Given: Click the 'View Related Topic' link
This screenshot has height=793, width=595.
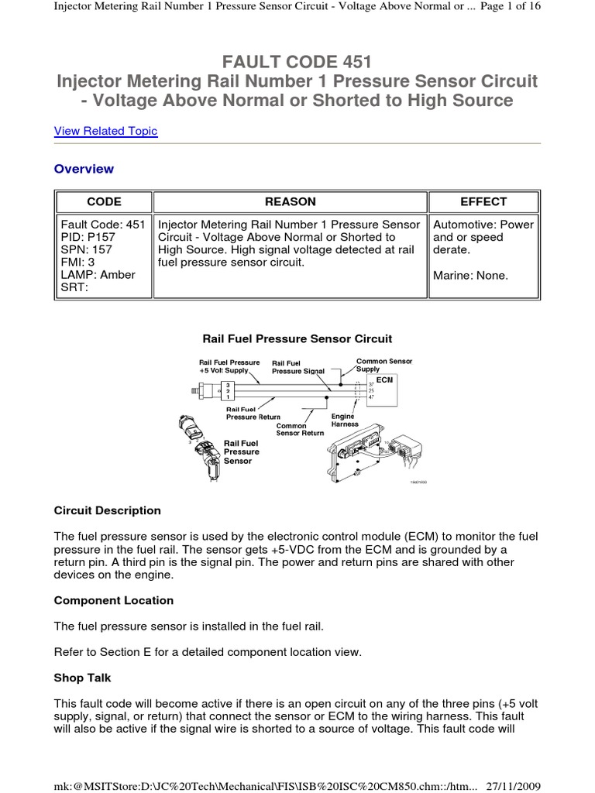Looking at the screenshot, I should point(105,131).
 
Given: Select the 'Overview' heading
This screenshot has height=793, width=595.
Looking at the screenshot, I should point(84,169).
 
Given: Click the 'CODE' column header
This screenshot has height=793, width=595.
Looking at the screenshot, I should point(104,201).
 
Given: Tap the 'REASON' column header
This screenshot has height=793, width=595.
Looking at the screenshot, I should point(291,201).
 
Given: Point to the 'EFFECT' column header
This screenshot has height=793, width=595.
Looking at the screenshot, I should point(483,201).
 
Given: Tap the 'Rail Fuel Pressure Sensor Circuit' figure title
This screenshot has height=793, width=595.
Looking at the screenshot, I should point(297,338).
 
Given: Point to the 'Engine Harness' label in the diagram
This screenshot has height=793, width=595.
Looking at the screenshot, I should point(343,420).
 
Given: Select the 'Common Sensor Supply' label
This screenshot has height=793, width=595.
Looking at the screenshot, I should point(383,365).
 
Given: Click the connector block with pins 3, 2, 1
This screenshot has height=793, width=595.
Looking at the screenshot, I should point(229,391).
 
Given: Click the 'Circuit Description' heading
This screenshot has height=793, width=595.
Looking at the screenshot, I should point(108,510).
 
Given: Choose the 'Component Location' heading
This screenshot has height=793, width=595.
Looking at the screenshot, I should point(114,600).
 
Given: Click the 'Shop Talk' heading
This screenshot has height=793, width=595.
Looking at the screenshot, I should point(83,678).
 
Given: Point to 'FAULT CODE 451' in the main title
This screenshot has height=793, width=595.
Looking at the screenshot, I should point(297,62).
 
